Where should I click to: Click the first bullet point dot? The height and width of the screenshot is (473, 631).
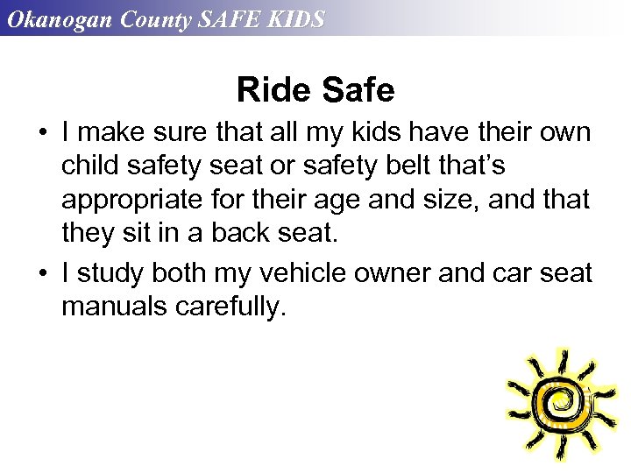coord(42,134)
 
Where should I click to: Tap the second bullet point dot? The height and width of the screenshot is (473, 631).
coord(42,274)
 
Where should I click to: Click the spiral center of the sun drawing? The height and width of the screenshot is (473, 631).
coord(555,401)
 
